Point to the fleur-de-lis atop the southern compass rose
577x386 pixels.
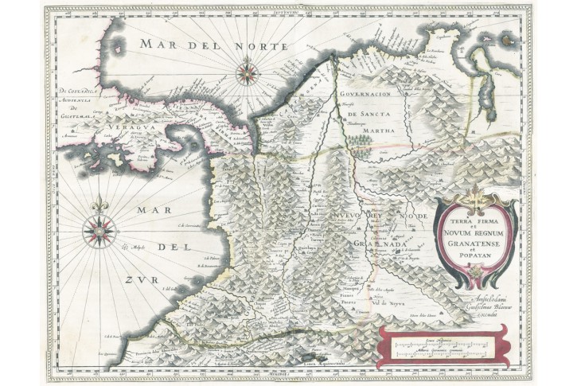[99, 206]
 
